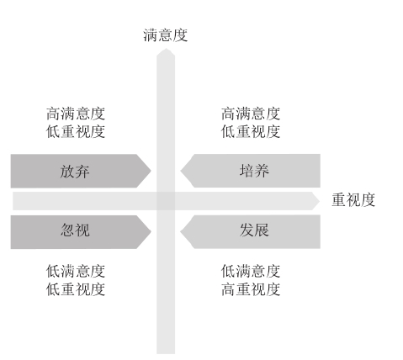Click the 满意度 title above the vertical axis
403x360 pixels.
(165, 35)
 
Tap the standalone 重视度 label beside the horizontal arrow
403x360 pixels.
(353, 200)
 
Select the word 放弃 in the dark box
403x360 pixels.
(75, 172)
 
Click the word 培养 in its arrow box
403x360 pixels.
(254, 171)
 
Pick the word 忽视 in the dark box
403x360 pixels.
(75, 230)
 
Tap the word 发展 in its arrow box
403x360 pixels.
(254, 230)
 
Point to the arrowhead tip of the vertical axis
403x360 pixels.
(166, 49)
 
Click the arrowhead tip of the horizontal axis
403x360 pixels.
(320, 201)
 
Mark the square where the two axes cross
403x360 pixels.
(166, 201)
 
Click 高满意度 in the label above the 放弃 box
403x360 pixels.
(76, 114)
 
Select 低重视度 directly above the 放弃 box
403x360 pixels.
(76, 131)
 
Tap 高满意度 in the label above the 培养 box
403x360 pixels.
(251, 114)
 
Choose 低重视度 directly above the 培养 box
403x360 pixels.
(251, 131)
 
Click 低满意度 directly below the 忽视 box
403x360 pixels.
(76, 271)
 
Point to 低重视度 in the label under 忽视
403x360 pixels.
(76, 289)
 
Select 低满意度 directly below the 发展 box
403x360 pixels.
(251, 271)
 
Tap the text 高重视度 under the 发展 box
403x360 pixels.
(251, 289)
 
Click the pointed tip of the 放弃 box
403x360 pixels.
(151, 171)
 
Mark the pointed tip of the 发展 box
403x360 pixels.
(181, 232)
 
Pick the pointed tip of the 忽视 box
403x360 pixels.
(151, 232)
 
